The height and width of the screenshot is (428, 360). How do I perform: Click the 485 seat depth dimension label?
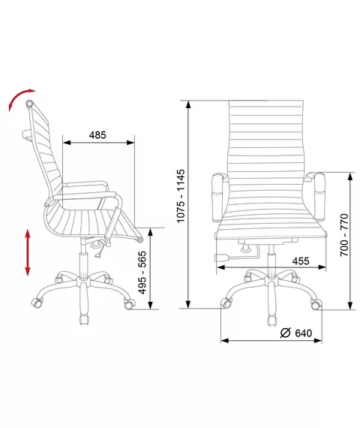(x=97, y=135)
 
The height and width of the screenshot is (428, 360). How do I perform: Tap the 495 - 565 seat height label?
(x=142, y=273)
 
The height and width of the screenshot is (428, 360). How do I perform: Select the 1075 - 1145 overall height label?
(x=181, y=196)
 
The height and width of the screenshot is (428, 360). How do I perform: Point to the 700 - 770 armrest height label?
(x=344, y=235)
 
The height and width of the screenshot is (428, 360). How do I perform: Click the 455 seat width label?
(x=301, y=261)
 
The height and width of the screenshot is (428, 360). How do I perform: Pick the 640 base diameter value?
(x=304, y=333)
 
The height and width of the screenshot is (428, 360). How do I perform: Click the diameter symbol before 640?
(x=285, y=333)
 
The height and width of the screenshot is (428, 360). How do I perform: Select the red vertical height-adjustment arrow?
(x=28, y=252)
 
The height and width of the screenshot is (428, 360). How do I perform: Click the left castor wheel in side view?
(x=37, y=303)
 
